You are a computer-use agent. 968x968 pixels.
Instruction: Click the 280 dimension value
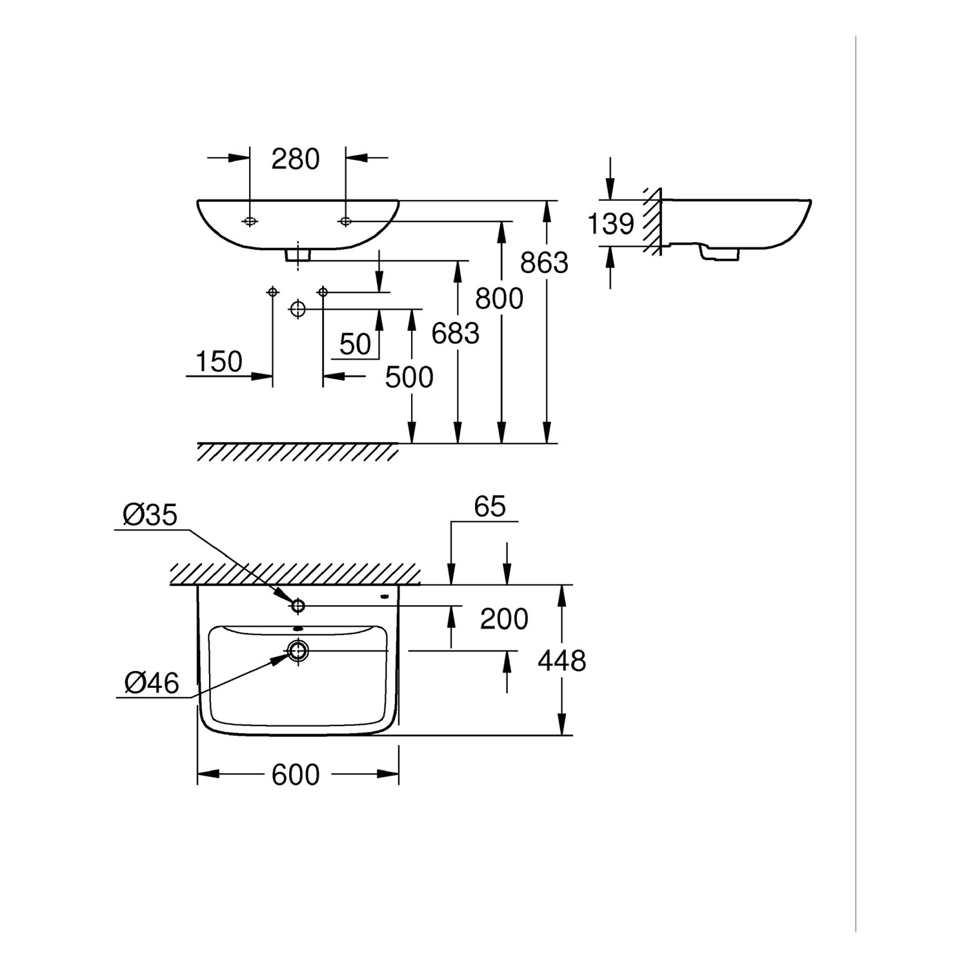click(x=296, y=159)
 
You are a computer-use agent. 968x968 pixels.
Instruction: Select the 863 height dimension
click(x=544, y=263)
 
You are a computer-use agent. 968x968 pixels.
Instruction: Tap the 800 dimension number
click(x=499, y=299)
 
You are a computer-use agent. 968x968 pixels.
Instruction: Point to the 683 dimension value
click(x=455, y=334)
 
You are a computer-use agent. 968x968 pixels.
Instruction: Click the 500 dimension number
click(x=409, y=377)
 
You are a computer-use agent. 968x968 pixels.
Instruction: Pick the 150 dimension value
click(x=219, y=362)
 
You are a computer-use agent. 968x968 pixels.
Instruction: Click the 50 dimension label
click(x=355, y=345)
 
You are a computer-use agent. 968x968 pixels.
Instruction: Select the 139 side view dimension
click(x=611, y=224)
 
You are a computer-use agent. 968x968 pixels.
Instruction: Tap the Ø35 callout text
click(x=150, y=516)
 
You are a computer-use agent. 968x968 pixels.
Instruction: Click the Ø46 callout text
click(x=152, y=682)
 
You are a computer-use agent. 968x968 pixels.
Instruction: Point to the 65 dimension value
click(x=489, y=507)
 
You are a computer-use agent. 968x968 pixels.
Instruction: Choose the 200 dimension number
click(x=504, y=619)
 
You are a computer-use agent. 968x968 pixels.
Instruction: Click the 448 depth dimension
click(x=562, y=661)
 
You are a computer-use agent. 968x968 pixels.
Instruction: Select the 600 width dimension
click(x=296, y=774)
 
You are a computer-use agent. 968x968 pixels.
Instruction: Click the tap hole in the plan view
click(x=298, y=605)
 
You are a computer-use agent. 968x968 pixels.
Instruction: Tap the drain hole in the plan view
click(x=298, y=650)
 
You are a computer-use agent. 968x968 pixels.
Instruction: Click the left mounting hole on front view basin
click(x=249, y=221)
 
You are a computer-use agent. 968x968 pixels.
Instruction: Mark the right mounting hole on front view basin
click(x=346, y=221)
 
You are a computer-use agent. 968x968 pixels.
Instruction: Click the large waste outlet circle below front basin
click(x=297, y=309)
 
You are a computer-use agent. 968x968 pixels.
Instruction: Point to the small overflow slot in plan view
click(x=297, y=629)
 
